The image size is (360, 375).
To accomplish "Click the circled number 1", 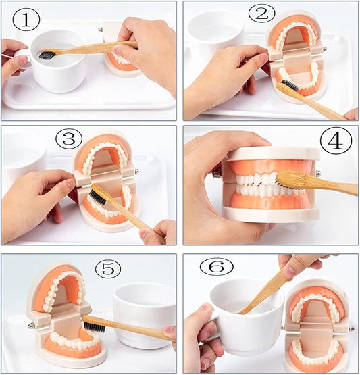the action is pos(26,21).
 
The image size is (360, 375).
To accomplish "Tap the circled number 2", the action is pos(262,14).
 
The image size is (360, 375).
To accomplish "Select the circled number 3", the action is pos(69,139).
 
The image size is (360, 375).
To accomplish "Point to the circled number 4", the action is pos(336,141).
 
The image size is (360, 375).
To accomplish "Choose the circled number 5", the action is pos(108,269).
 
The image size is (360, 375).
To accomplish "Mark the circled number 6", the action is pos(217,266).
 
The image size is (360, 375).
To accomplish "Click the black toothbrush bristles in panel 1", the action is pos(47,55).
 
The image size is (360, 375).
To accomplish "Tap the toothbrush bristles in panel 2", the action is pos(290,85).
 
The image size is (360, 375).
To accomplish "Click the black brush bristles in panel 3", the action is pos(97,197).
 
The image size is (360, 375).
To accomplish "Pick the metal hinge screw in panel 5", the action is pos(31,326).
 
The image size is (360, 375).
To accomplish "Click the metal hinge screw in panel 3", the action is pos(137,171).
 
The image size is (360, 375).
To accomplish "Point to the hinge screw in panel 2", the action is pos(325,49).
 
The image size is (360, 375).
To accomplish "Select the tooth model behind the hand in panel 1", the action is pos(121,50).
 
